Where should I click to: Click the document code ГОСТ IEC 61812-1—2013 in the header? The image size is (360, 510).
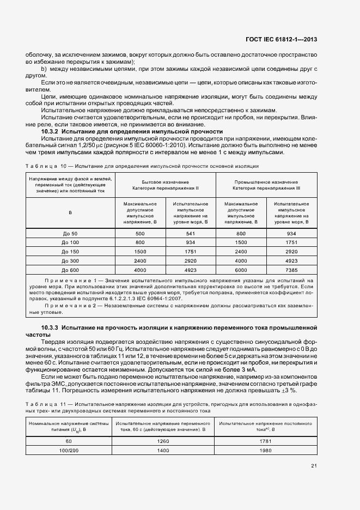tap(283, 39)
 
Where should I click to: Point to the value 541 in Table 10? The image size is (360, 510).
tap(191, 234)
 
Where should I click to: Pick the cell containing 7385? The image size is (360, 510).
tap(291, 270)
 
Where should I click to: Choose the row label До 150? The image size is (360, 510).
tap(71, 252)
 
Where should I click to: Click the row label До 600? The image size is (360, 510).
tap(71, 270)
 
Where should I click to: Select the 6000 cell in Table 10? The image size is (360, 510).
tap(241, 270)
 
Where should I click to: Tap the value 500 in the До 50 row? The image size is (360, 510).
tap(140, 234)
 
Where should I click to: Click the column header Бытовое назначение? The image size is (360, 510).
tap(166, 181)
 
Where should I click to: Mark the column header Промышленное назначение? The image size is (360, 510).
tap(266, 181)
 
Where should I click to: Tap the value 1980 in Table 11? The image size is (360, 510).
tap(265, 451)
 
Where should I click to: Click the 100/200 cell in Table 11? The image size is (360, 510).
tap(69, 451)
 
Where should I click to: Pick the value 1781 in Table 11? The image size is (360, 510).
tap(265, 441)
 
